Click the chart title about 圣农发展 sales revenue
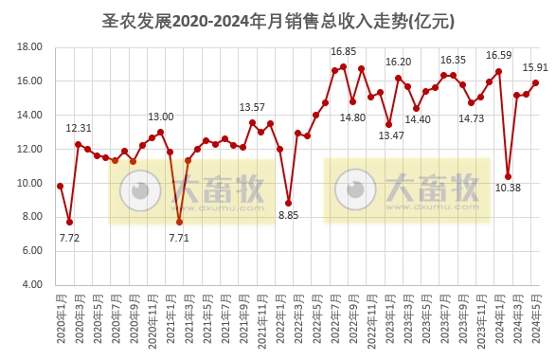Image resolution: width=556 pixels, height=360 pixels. click(x=278, y=19)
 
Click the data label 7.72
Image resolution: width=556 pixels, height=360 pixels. click(x=68, y=238)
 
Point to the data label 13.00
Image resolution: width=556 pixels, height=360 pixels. click(x=161, y=117)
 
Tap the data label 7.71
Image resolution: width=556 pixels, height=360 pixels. click(x=179, y=238)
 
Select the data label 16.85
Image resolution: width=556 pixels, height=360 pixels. click(x=343, y=51)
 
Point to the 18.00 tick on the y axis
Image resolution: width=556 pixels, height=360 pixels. click(x=31, y=46)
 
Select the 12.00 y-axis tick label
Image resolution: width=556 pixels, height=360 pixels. click(x=31, y=149)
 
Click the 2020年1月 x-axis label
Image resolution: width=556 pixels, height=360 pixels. click(x=60, y=321)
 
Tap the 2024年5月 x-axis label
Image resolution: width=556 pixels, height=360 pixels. click(x=536, y=321)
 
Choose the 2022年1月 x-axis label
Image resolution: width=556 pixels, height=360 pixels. click(x=280, y=321)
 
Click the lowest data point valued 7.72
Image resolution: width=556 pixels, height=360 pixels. click(x=69, y=222)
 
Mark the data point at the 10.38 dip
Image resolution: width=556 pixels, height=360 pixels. click(x=509, y=176)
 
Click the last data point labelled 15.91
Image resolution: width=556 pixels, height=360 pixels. click(x=536, y=82)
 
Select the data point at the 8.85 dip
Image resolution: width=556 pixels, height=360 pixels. click(x=289, y=203)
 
